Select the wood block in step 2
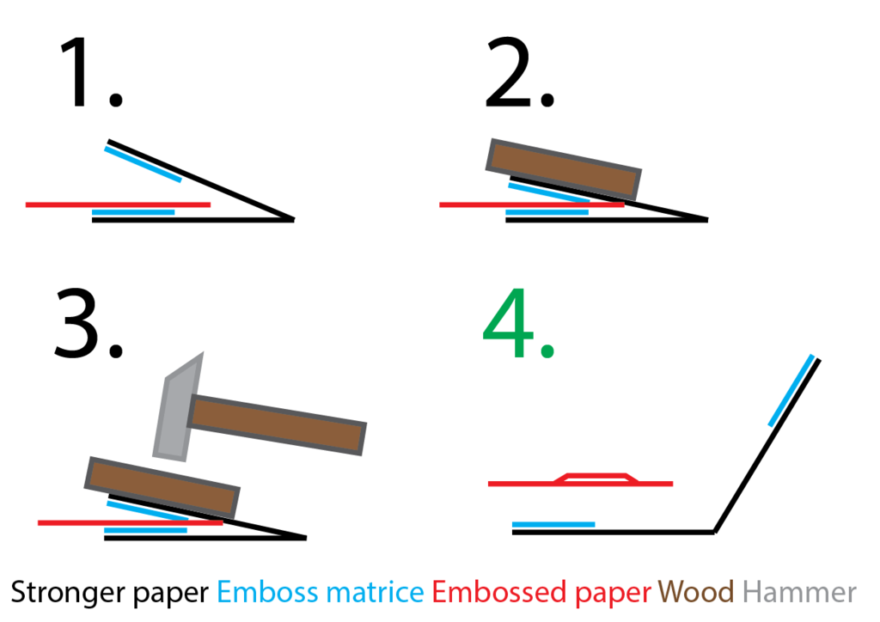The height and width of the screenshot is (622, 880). click(x=564, y=168)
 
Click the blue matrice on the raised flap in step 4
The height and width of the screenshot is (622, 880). click(x=791, y=390)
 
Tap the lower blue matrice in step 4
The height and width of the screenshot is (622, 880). click(x=553, y=524)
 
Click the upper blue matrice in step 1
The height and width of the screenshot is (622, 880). click(x=143, y=164)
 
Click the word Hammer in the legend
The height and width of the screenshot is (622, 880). click(x=799, y=592)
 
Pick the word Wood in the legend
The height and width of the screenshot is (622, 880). click(x=696, y=592)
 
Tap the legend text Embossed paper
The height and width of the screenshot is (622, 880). click(x=541, y=592)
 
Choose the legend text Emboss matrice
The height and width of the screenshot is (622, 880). click(x=321, y=592)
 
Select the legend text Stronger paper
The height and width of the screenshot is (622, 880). click(x=109, y=592)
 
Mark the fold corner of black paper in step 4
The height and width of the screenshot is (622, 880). click(x=714, y=532)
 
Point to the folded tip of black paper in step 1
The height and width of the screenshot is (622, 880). click(x=292, y=220)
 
